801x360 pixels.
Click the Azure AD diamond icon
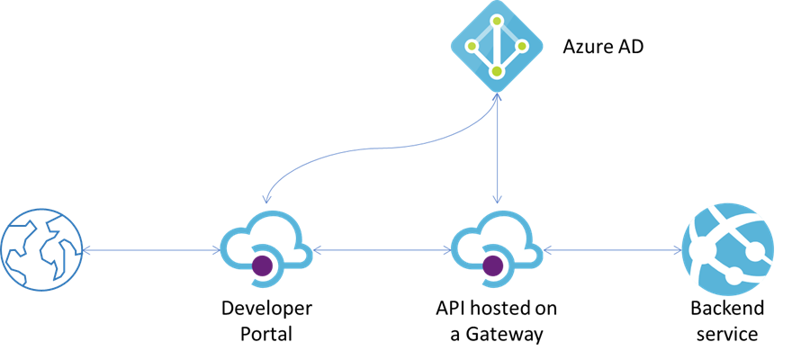click(496, 45)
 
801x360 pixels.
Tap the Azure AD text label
click(603, 44)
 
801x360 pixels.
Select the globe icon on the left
click(40, 249)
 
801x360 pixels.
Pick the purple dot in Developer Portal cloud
click(263, 265)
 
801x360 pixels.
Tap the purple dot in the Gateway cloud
click(492, 265)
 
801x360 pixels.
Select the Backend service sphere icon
click(728, 249)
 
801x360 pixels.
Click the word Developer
click(266, 309)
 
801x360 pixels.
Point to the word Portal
click(266, 334)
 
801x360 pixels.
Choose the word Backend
click(727, 309)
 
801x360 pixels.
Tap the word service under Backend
click(727, 334)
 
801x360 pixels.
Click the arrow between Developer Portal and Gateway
click(380, 249)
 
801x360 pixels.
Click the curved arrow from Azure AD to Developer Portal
click(360, 143)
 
